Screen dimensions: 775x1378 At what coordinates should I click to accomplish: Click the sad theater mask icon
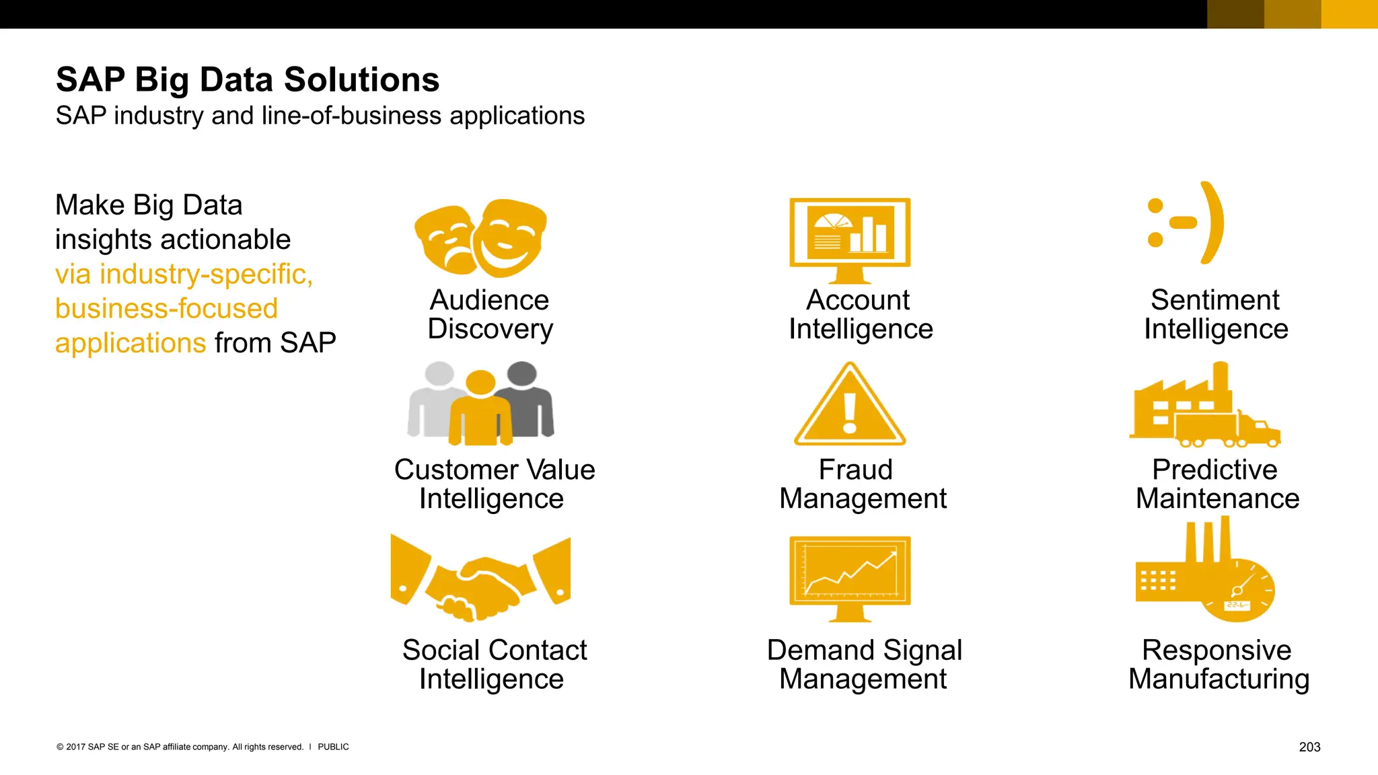tap(445, 241)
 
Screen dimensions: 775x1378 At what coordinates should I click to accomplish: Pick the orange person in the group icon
tap(480, 412)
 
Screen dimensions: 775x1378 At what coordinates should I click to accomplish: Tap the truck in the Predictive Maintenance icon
tap(1228, 429)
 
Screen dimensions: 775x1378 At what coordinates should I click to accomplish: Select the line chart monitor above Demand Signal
tap(850, 575)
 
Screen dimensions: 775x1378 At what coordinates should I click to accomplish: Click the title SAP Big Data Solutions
tap(248, 80)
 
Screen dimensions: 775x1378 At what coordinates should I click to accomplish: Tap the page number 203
tap(1309, 747)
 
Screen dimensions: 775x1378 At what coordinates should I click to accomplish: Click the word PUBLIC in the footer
tap(333, 747)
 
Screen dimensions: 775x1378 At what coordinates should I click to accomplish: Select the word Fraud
tap(855, 470)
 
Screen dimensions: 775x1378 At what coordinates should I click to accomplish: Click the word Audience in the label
tap(489, 300)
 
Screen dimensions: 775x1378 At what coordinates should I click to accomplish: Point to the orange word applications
tap(131, 343)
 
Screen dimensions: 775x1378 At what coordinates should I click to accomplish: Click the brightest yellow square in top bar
tap(1349, 14)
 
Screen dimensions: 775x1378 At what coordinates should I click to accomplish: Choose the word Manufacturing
tap(1219, 679)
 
